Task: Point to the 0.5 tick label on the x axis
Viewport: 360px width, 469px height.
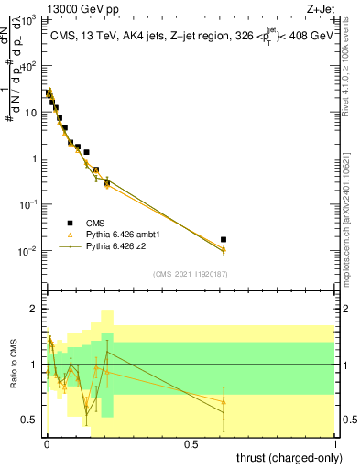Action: [x=191, y=445]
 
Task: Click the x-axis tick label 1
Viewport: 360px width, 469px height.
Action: [x=335, y=445]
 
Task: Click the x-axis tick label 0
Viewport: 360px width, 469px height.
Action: [x=47, y=445]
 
